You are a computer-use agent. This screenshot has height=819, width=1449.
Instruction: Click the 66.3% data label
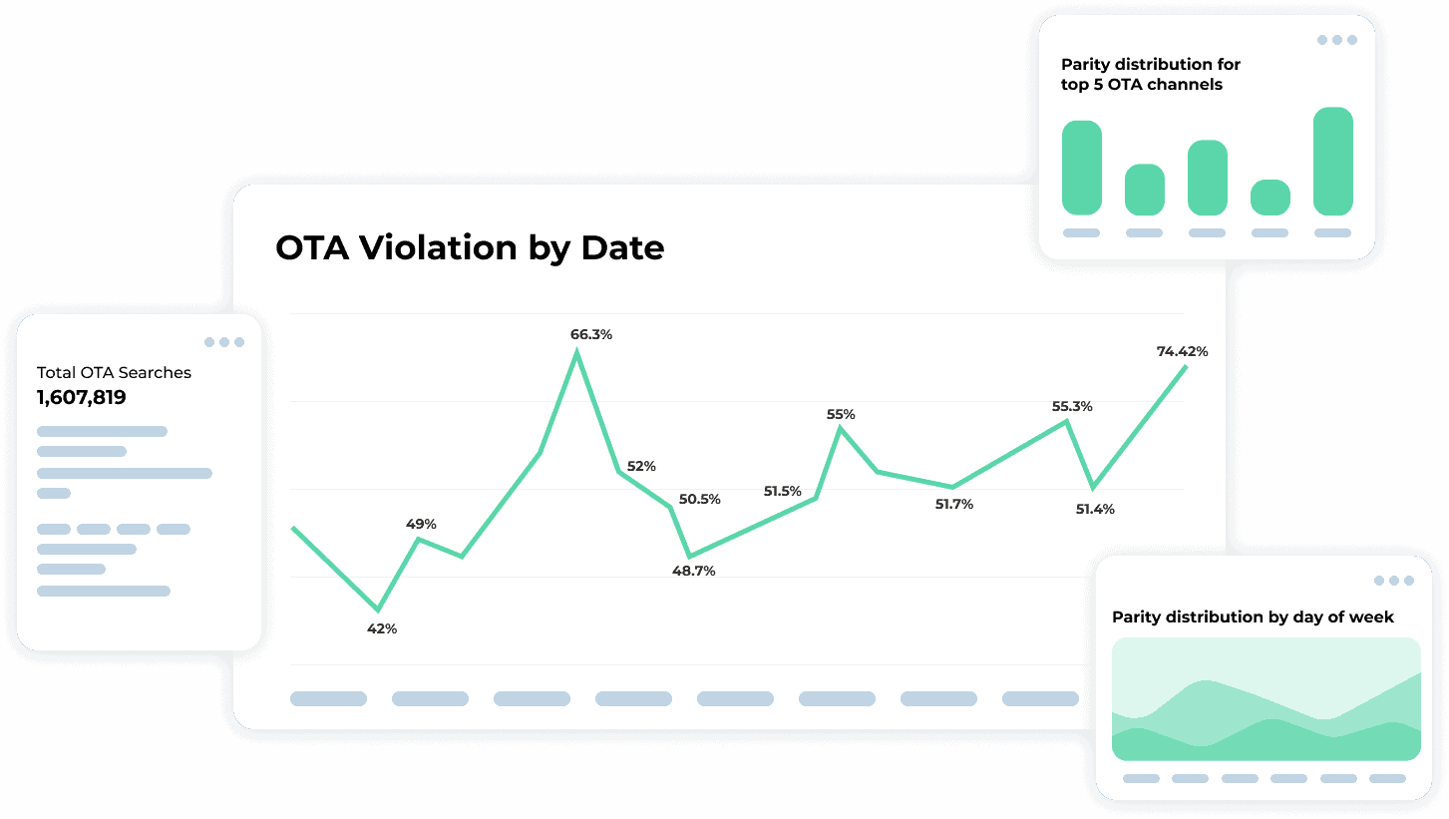click(590, 335)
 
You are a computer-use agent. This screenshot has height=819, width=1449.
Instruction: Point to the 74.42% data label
click(1182, 351)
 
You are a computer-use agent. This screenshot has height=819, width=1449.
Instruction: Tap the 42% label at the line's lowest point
click(382, 629)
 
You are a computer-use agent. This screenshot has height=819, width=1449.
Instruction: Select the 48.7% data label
click(693, 572)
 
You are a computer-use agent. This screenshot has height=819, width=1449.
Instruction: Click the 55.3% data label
click(1071, 406)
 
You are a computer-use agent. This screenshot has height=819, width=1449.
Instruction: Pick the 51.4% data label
click(1094, 510)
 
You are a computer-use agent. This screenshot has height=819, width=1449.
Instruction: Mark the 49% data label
click(420, 525)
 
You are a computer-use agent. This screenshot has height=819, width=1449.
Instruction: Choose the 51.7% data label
click(953, 505)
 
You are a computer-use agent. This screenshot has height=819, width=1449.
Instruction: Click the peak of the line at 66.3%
click(577, 352)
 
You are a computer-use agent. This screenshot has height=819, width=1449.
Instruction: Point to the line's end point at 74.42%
click(1186, 367)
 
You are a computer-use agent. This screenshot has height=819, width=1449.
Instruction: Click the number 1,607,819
click(82, 398)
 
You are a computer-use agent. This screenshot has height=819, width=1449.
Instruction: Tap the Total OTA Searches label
click(114, 373)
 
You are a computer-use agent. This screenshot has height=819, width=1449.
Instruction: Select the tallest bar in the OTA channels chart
click(1333, 161)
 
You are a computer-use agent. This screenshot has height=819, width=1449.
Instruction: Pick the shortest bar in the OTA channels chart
click(1269, 198)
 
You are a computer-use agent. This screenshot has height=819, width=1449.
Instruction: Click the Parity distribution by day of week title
click(1253, 617)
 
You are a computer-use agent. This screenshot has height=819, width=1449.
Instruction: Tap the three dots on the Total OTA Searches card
click(224, 342)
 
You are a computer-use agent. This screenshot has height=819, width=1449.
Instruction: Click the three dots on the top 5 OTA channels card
click(1337, 40)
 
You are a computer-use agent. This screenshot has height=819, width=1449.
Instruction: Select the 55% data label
click(841, 414)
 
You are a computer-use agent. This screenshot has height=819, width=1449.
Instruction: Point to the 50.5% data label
click(699, 499)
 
